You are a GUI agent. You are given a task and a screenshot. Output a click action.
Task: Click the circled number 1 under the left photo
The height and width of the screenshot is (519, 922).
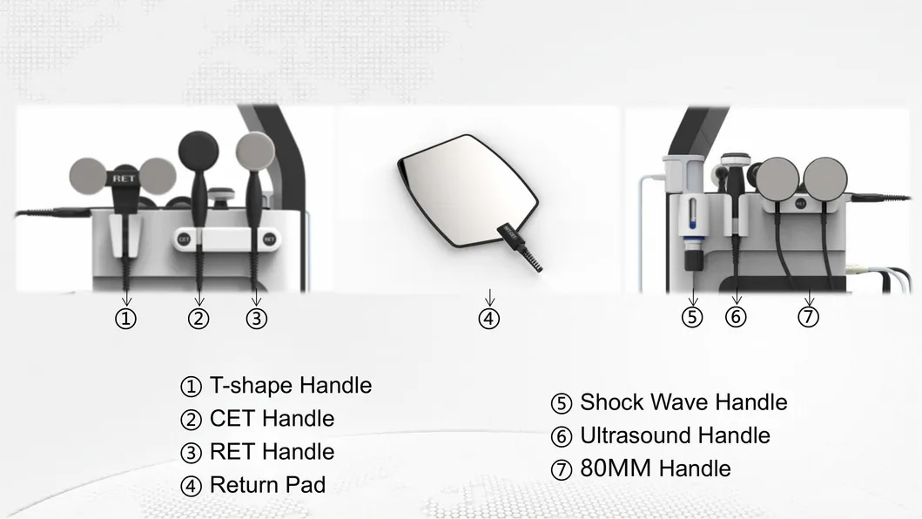(126, 319)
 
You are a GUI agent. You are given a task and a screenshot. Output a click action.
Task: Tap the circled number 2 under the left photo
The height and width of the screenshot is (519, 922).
(199, 319)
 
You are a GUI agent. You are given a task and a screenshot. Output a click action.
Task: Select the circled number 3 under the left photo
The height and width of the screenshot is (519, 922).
(255, 319)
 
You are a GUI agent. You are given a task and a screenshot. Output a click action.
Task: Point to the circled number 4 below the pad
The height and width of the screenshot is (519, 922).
(489, 319)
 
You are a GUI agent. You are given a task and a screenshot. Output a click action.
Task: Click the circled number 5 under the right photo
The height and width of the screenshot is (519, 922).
(692, 317)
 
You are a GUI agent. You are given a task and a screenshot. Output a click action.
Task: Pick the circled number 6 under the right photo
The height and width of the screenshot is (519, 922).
(736, 317)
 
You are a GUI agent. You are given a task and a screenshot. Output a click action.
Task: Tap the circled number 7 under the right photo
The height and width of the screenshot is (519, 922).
(809, 317)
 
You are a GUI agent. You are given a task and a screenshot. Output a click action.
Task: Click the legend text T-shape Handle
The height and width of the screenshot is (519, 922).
(290, 385)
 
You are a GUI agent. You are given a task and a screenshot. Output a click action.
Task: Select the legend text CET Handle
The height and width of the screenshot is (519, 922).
(272, 418)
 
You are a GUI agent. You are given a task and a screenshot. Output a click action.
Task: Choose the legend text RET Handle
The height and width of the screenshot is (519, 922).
(272, 451)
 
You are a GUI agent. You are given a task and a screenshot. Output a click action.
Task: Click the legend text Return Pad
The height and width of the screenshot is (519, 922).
(267, 484)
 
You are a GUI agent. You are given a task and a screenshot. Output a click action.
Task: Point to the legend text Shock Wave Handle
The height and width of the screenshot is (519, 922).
(683, 402)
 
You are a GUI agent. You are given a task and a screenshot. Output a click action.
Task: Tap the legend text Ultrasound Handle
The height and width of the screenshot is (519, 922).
(675, 435)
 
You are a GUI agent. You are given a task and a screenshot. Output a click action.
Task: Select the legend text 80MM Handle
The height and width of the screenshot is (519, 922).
(655, 468)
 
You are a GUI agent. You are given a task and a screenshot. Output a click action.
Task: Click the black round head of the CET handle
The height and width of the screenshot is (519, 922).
(198, 148)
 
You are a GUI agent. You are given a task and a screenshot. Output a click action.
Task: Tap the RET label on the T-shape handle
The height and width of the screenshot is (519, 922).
(123, 178)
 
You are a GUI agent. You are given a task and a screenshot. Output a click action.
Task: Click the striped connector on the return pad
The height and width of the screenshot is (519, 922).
(526, 252)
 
